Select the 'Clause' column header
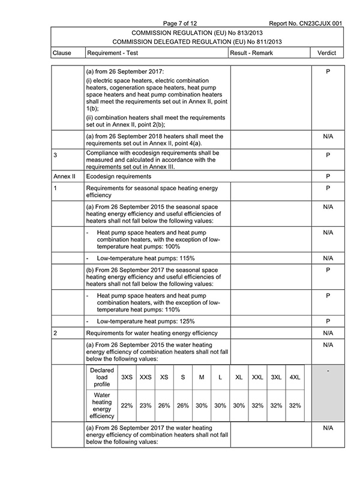tap(62, 53)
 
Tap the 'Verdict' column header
tap(328, 53)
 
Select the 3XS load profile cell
tap(127, 377)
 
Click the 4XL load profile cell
tap(295, 377)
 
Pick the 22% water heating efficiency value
tap(127, 406)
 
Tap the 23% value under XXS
tap(146, 406)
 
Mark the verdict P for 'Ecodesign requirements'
tap(328, 177)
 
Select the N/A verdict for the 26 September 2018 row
tap(328, 137)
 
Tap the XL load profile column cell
tap(239, 377)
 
